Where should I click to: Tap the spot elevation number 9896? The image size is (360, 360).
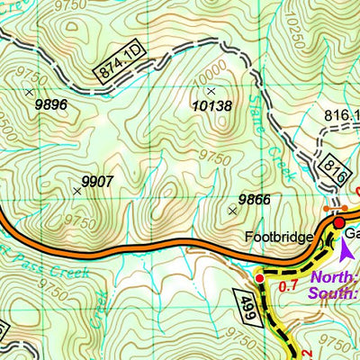pos(51,105)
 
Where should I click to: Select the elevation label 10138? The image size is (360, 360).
pos(212,106)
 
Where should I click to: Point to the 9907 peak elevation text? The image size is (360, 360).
pos(97,182)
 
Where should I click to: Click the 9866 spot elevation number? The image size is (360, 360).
pos(255,199)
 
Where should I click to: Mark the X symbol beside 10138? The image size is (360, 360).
pos(211,91)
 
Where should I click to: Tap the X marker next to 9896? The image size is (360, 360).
pos(29,92)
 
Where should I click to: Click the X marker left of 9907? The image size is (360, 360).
pos(76,190)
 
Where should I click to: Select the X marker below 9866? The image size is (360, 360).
pos(233,211)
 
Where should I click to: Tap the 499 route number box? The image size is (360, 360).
pos(252,303)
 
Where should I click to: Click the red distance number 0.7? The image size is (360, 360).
pos(289,287)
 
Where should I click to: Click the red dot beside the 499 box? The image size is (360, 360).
pos(260,279)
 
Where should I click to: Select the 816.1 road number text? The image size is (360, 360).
pos(339,114)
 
